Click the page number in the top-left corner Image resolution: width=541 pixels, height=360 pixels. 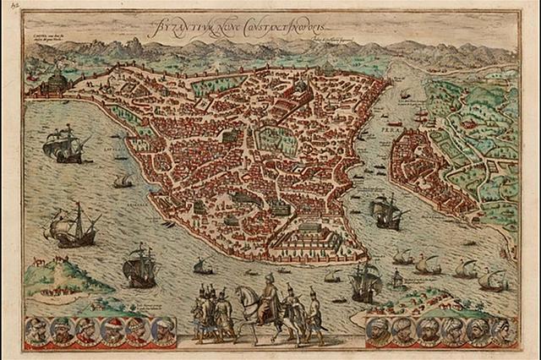coord(9,7)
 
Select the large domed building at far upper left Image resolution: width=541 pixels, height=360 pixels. coord(53,83)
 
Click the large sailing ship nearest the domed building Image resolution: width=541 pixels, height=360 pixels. coord(68,144)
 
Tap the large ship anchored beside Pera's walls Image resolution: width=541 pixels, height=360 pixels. coord(386,211)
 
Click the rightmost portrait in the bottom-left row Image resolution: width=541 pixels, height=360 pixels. coord(160,330)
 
